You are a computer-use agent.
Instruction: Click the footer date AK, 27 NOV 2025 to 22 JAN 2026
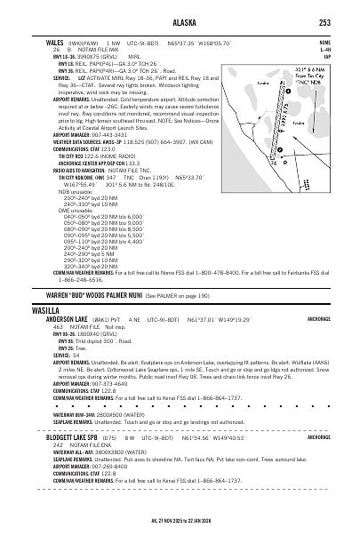pyautogui.click(x=180, y=520)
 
